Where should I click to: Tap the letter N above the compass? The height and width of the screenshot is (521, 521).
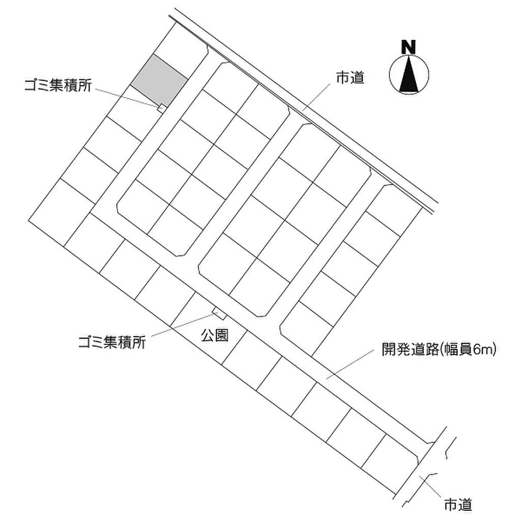(408, 47)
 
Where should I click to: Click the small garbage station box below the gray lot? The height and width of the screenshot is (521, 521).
(161, 107)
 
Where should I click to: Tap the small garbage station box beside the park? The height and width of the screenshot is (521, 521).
(218, 311)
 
